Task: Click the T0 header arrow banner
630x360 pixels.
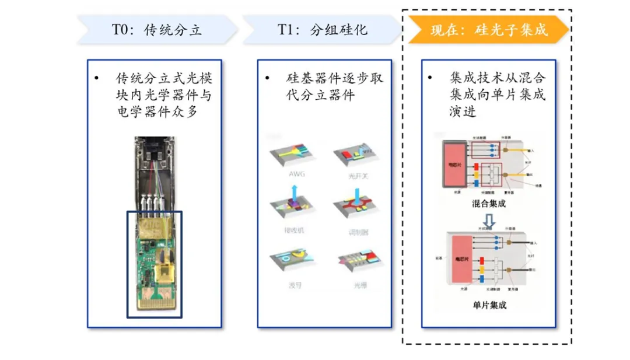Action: click(x=157, y=30)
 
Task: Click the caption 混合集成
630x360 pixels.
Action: click(x=489, y=204)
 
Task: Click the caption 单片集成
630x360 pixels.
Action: click(x=489, y=305)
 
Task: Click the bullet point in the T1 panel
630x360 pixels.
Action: click(x=267, y=78)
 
